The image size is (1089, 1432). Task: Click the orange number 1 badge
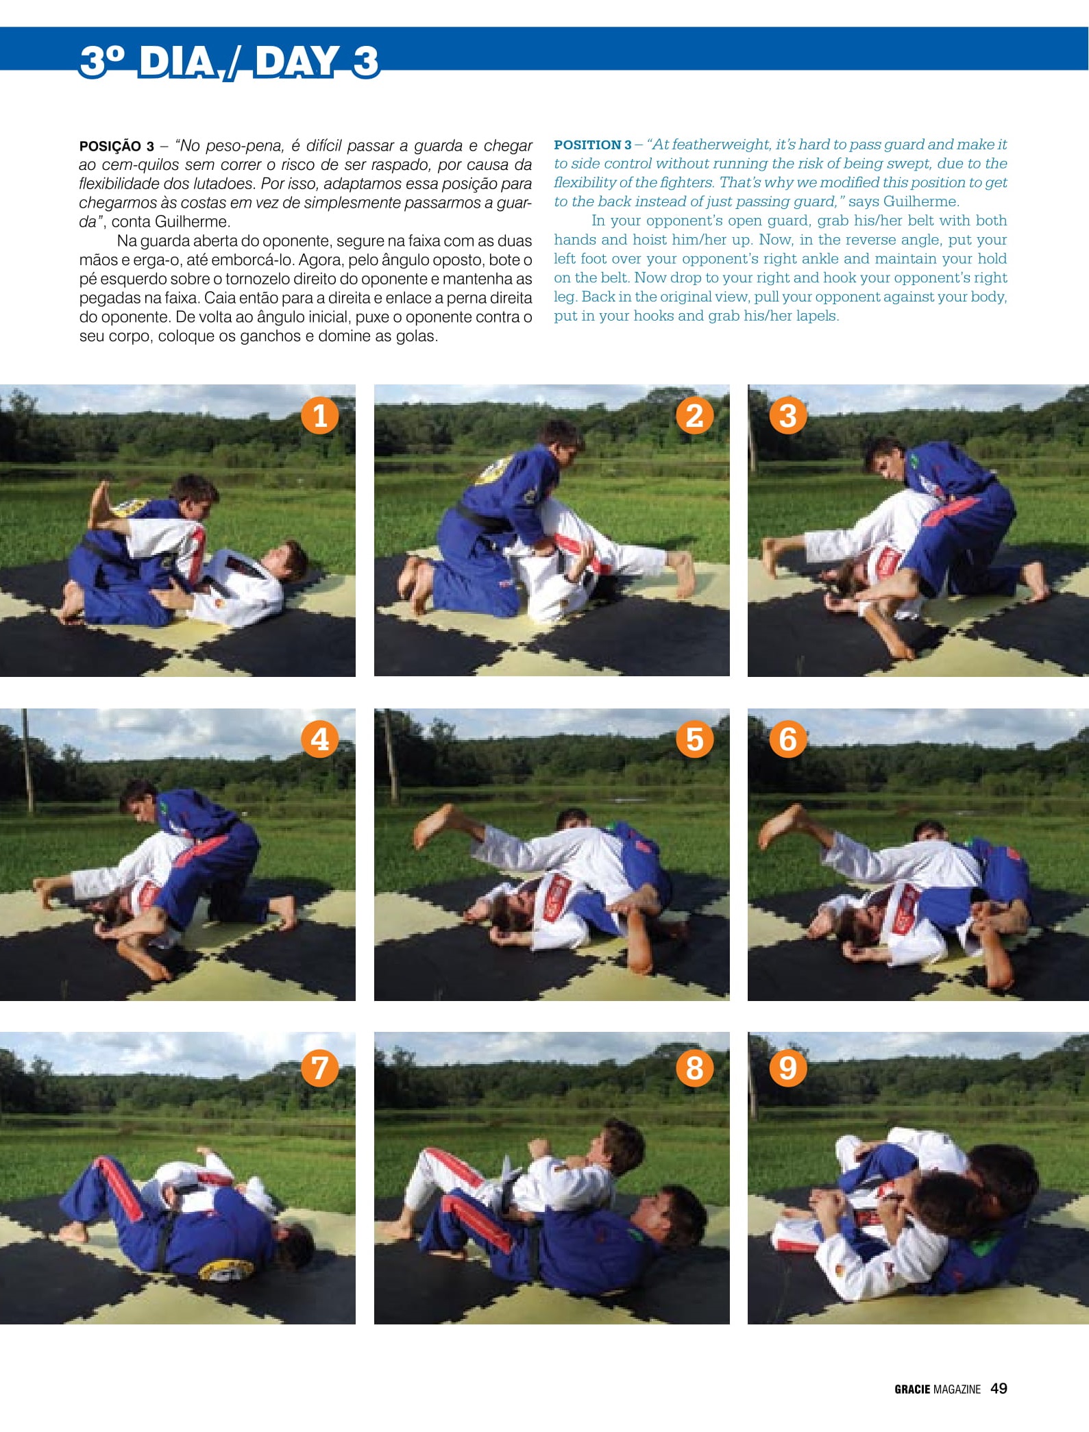click(x=320, y=415)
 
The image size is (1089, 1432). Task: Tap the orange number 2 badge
click(x=694, y=415)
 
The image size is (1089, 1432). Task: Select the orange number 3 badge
click(x=788, y=415)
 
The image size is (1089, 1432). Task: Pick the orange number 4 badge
click(x=320, y=739)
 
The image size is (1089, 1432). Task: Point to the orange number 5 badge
click(x=694, y=739)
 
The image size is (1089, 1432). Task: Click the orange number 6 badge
click(x=788, y=739)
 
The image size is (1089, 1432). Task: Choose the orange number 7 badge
click(x=320, y=1067)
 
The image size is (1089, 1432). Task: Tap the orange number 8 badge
click(x=694, y=1067)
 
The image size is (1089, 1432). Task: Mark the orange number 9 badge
click(x=788, y=1067)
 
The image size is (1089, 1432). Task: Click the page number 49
click(x=999, y=1388)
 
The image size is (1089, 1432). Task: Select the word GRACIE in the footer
click(x=912, y=1390)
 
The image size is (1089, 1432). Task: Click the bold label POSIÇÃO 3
click(x=117, y=147)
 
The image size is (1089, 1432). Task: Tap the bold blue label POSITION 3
click(x=593, y=145)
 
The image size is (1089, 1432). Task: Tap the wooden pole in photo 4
click(x=27, y=760)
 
